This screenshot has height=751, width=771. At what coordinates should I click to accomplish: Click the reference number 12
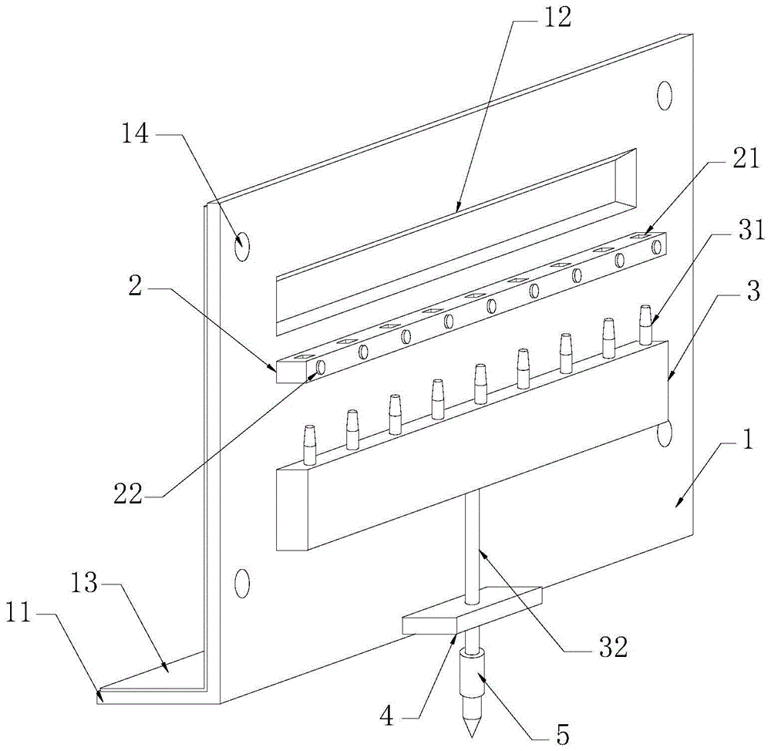(555, 18)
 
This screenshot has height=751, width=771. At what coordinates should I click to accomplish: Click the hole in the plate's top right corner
(664, 96)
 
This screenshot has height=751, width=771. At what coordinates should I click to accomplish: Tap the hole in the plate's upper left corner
(242, 247)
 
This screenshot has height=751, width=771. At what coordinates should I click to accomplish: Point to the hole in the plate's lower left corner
(242, 583)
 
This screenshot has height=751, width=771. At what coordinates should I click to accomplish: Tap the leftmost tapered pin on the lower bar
(310, 446)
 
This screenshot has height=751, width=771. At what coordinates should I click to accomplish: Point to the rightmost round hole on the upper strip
(656, 248)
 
